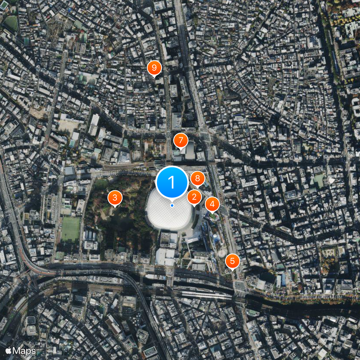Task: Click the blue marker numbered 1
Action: pos(171,182)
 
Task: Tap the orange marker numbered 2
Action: pos(194,197)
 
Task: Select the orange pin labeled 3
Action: pos(115,198)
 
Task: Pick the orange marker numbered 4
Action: pos(212,204)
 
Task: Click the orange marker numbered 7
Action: pos(180,140)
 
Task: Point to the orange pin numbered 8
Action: pos(197,179)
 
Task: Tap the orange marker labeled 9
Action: pos(154,68)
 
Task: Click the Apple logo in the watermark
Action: pos(8,350)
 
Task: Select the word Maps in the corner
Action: pos(24,351)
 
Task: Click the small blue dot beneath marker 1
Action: pos(172,205)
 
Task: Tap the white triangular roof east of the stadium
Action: pos(332,180)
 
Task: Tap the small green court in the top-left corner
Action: pos(11,23)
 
